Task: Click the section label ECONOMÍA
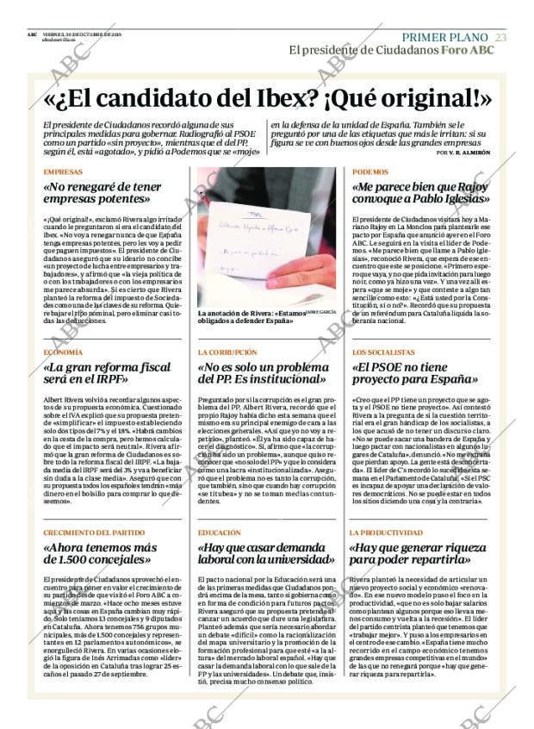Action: (63, 352)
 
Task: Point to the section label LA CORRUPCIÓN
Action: (227, 352)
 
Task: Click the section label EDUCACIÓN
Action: (219, 533)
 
